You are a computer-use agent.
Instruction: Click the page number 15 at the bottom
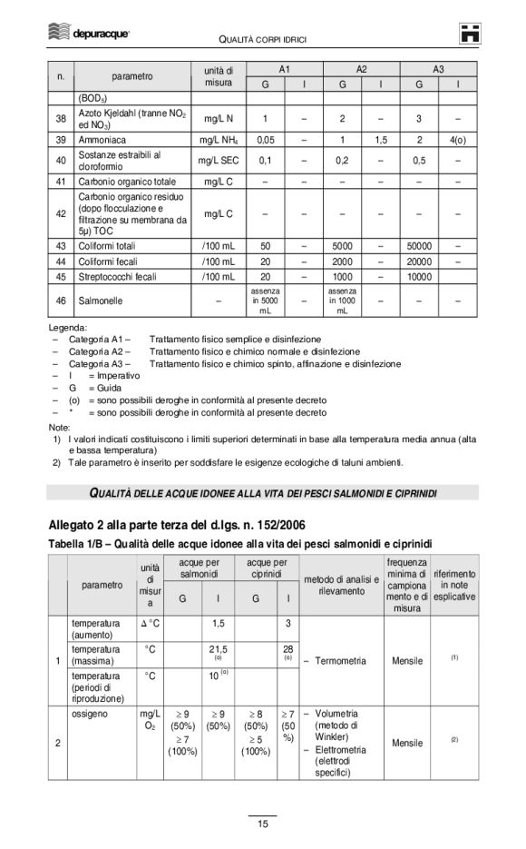(x=262, y=823)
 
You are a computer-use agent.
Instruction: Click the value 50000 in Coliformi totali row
(x=419, y=246)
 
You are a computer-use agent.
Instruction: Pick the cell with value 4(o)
(x=457, y=141)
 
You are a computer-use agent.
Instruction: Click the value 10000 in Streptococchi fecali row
(x=419, y=277)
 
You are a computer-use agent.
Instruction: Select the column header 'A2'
(x=361, y=68)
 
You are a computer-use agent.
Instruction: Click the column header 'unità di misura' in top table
(x=219, y=76)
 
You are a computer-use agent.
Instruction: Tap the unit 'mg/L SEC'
(x=219, y=161)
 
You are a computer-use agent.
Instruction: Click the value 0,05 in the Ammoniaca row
(x=265, y=141)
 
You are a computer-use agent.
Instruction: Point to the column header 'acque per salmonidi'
(x=199, y=569)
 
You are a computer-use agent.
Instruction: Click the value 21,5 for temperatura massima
(x=218, y=649)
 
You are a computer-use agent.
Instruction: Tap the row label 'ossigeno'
(x=91, y=715)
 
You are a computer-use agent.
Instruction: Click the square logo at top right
(x=469, y=33)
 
